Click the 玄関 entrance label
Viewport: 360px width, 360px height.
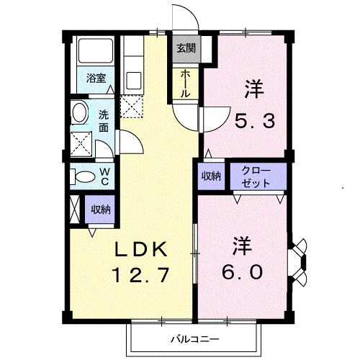point(185,49)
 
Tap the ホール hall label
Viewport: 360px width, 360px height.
point(185,84)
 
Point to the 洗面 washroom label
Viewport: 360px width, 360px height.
point(105,121)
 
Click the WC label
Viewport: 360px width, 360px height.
point(104,176)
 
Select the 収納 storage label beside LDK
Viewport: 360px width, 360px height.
point(100,210)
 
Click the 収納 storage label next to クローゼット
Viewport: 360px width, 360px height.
point(210,176)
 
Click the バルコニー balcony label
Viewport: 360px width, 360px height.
point(194,338)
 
